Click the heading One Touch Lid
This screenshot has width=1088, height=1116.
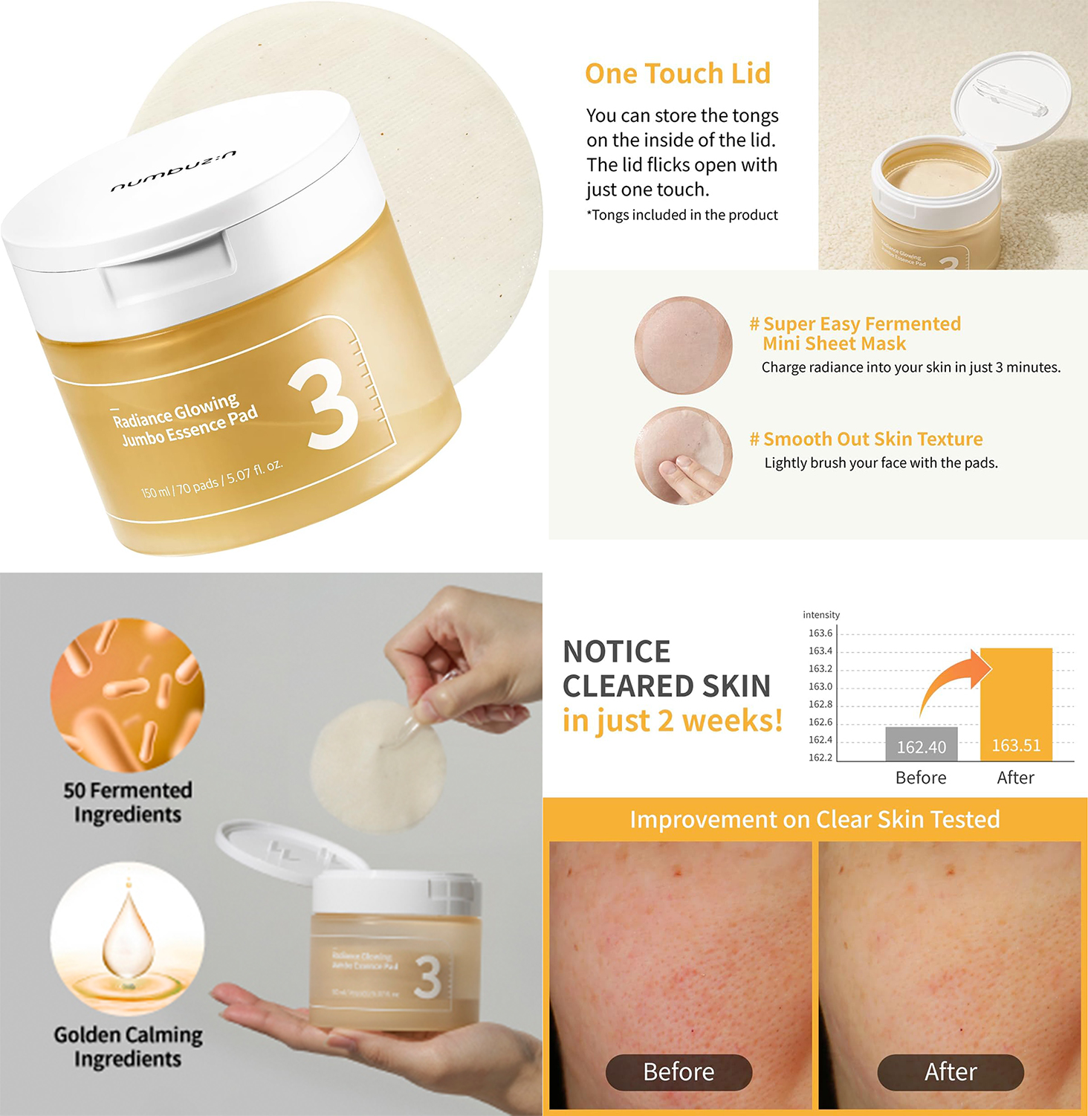tap(677, 74)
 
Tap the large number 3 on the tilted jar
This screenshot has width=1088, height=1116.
tap(325, 406)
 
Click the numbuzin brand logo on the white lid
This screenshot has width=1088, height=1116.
tap(174, 171)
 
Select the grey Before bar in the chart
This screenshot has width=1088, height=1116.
tap(921, 744)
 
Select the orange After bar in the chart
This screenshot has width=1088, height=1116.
tap(1016, 704)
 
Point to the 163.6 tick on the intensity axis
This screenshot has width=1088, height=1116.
tap(820, 633)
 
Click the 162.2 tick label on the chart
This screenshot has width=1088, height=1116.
tap(820, 758)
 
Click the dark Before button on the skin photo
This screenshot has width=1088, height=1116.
tap(679, 1071)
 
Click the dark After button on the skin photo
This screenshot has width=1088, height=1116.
tap(951, 1071)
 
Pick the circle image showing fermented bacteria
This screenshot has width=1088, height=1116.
tap(127, 694)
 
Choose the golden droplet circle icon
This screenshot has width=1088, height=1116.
tap(127, 938)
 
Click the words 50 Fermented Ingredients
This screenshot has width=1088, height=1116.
tap(128, 801)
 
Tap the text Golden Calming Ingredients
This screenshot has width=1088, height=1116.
tap(128, 1046)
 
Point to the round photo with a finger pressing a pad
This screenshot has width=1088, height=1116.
tap(683, 456)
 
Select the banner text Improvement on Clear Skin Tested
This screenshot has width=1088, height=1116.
tap(815, 819)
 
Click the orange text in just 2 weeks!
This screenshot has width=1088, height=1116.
tap(673, 720)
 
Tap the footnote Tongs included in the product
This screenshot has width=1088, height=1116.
tap(682, 215)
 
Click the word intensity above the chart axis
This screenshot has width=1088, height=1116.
tap(821, 615)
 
